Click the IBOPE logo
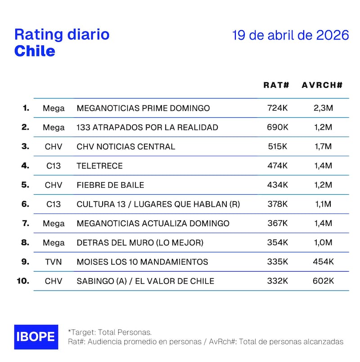(x=36, y=337)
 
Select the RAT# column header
(x=276, y=85)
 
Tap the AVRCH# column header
(x=322, y=85)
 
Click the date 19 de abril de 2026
(x=291, y=36)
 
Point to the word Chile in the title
(x=35, y=51)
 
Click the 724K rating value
(x=277, y=108)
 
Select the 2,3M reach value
(x=323, y=108)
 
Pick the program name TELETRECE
(x=99, y=165)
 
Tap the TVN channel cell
(x=54, y=262)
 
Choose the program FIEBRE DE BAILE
(x=111, y=185)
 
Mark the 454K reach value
(x=323, y=262)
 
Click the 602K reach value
(x=323, y=281)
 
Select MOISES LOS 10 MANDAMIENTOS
(x=143, y=262)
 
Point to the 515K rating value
(x=277, y=146)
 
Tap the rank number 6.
(x=25, y=204)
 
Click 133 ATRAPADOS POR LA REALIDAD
(x=148, y=127)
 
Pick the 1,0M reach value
(x=323, y=242)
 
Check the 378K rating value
(x=277, y=204)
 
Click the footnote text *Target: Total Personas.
(x=110, y=332)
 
